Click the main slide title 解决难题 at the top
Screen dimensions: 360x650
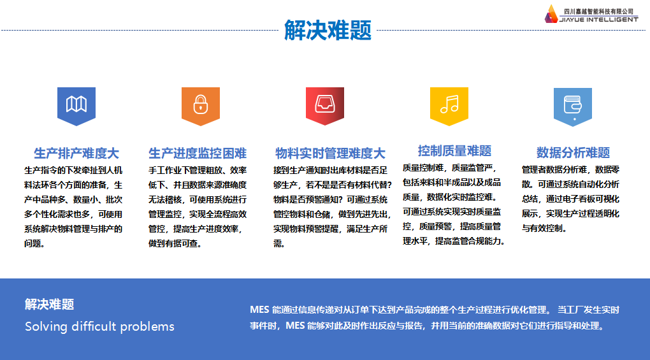point(328,30)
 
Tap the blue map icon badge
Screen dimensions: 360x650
point(76,104)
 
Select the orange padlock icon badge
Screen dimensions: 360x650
point(201,104)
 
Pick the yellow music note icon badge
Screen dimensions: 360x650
point(449,104)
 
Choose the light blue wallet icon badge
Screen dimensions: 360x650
point(573,104)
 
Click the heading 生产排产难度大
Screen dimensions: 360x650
point(76,154)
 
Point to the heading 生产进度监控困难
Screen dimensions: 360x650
point(198,154)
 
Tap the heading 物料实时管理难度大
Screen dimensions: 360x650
point(330,154)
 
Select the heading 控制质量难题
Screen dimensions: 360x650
point(454,151)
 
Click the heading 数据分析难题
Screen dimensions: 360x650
point(573,152)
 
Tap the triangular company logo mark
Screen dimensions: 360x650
point(551,14)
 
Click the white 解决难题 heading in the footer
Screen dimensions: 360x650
point(50,304)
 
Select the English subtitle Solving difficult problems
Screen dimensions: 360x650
point(99,327)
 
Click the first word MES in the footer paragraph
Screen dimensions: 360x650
point(259,310)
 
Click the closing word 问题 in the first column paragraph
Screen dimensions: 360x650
point(34,243)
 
